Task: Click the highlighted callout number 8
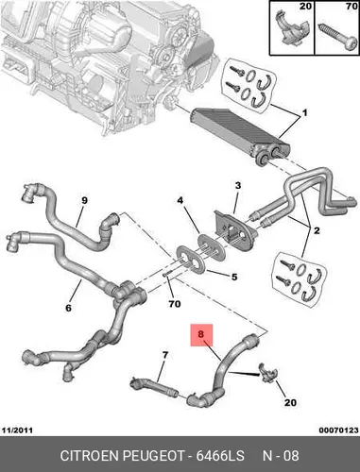point(201,334)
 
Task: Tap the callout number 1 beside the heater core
point(304,113)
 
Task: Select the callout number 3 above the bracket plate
point(238,186)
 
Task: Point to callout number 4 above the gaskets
point(180,200)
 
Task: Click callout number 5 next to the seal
point(234,278)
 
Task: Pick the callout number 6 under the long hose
point(68,308)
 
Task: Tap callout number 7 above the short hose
point(165,355)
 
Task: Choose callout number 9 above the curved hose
point(84,200)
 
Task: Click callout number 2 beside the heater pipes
point(317,230)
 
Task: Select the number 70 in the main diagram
point(174,304)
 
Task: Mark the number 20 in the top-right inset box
point(305,6)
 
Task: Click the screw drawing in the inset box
point(338,37)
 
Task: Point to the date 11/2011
point(17,430)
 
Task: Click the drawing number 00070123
point(338,430)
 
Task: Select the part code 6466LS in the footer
point(220,456)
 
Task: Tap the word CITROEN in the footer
point(90,456)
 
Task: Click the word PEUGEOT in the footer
point(153,456)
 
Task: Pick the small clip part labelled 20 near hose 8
point(266,373)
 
